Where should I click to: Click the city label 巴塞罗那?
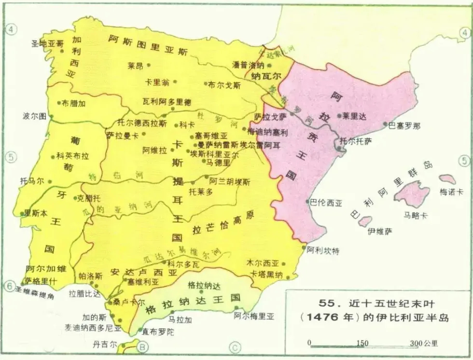tap(404, 126)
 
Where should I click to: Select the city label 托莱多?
tap(200, 192)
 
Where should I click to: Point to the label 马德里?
tap(218, 163)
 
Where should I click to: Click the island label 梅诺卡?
tap(451, 192)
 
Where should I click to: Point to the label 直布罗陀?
tap(158, 332)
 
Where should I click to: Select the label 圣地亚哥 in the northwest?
tap(47, 43)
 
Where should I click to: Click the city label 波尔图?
tap(34, 116)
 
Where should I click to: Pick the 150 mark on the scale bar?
tap(362, 343)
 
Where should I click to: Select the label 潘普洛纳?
tap(248, 65)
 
